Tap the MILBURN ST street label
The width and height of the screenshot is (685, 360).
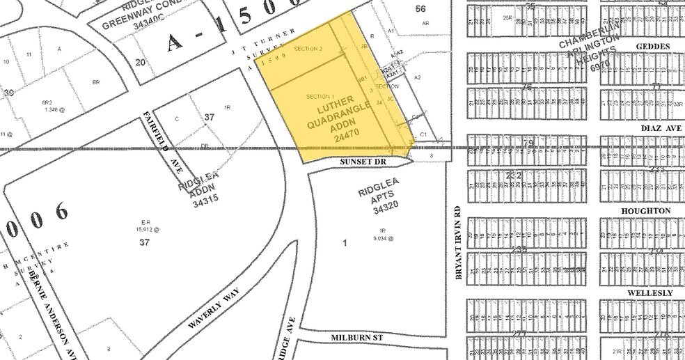tap(357, 337)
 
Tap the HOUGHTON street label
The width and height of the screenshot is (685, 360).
tap(652, 210)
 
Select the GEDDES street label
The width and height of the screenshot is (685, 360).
tap(652, 47)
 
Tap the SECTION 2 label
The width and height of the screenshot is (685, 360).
tap(308, 49)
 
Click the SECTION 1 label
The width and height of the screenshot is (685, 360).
tap(320, 95)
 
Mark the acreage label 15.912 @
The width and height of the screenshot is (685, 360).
tap(145, 229)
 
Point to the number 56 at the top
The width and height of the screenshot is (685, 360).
tap(420, 8)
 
